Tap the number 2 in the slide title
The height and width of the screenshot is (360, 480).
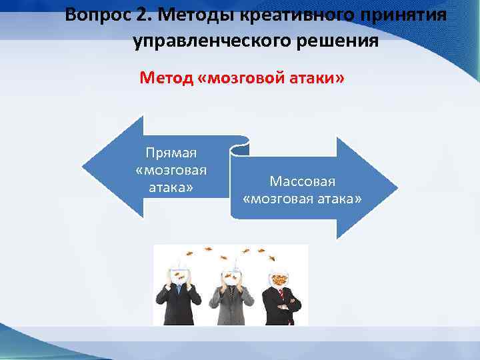coord(139,14)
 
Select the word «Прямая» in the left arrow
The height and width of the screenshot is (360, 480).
coord(171,153)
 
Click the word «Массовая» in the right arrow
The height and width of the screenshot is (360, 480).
coord(303,181)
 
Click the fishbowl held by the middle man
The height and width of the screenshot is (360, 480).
coord(231,274)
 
